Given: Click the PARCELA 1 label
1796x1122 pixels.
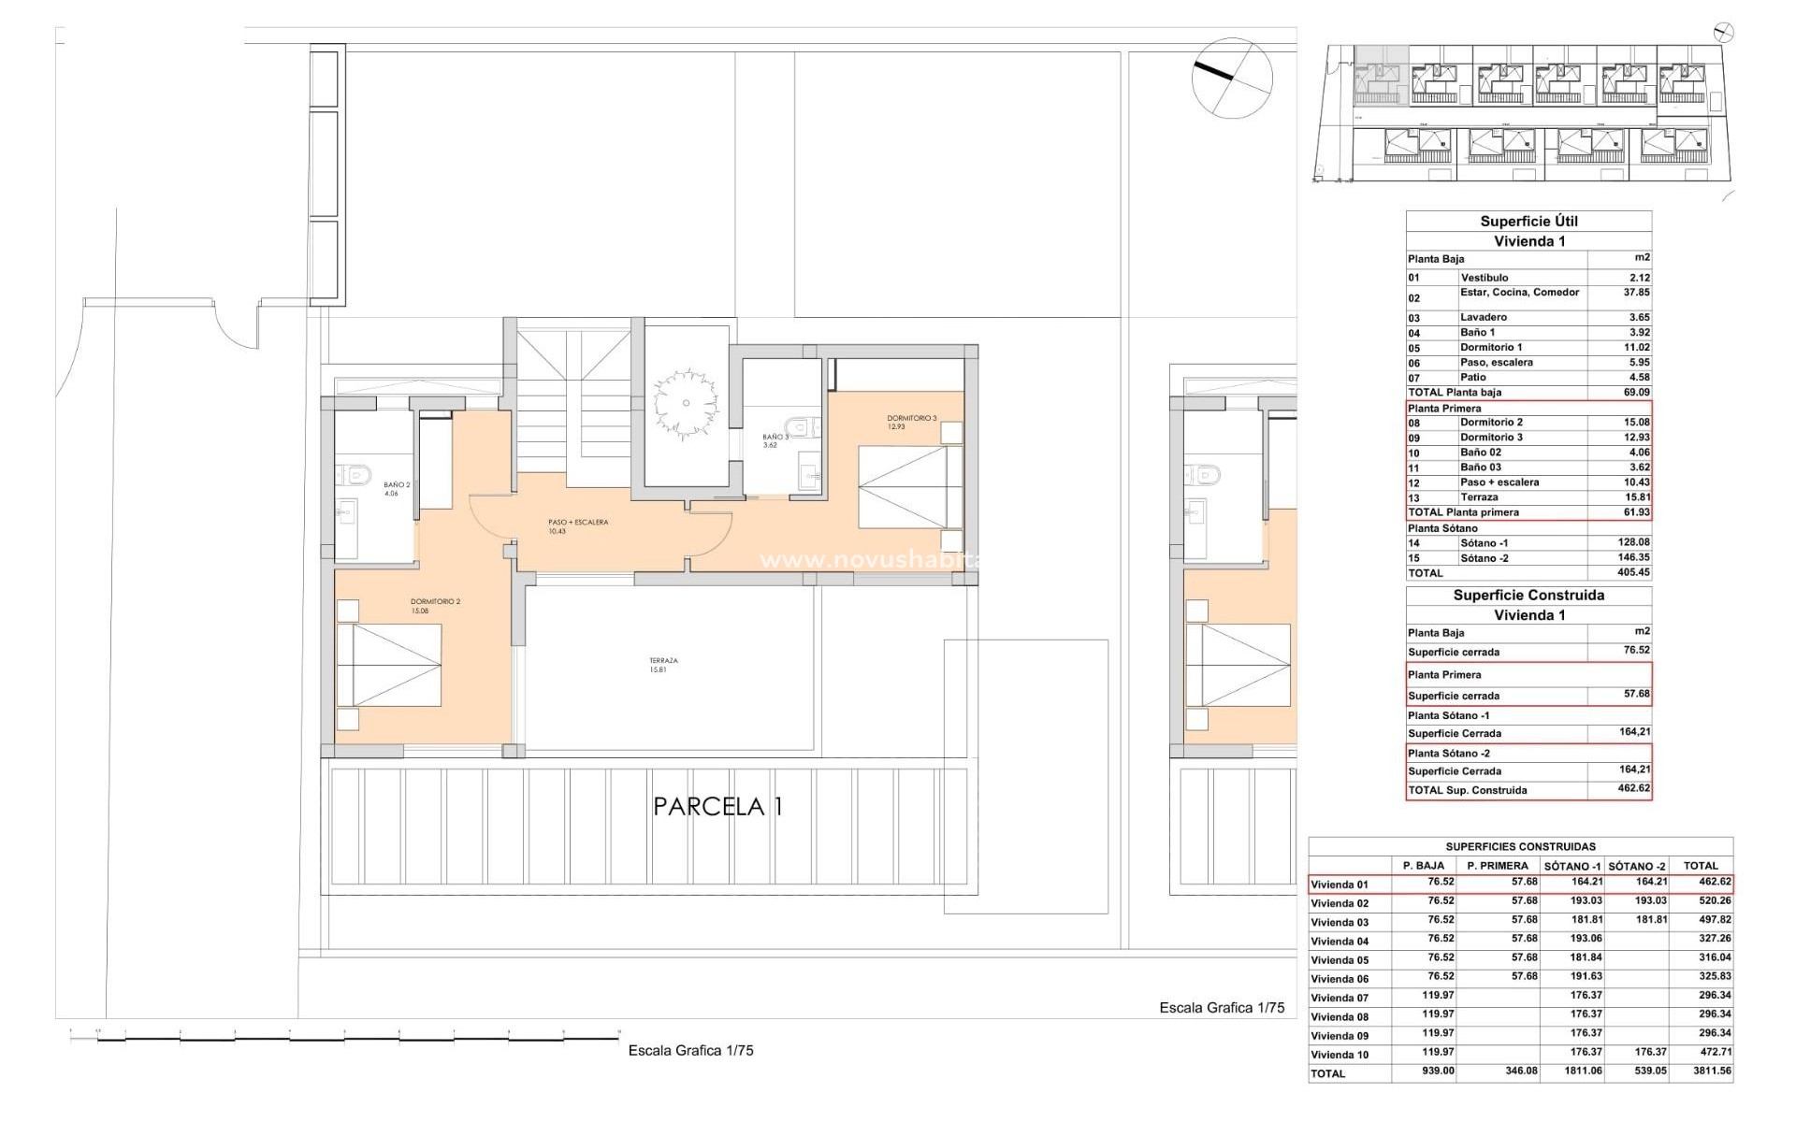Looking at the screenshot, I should pos(717,806).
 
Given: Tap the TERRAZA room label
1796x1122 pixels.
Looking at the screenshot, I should pos(663,665).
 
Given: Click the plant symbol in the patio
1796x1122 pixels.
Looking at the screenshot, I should pos(686,403).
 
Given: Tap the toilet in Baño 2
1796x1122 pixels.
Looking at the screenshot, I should pos(356,475).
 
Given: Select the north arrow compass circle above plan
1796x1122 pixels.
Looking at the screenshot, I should pos(1232,78).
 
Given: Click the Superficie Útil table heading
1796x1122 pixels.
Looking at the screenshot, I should pos(1528,222).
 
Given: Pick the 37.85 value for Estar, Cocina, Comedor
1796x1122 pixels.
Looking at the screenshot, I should pos(1636,293).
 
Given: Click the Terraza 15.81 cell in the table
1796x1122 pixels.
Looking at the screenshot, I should pos(1636,497).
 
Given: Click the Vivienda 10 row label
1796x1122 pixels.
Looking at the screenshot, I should pos(1340,1055).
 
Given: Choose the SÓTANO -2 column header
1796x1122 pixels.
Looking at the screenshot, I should pos(1637,866).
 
